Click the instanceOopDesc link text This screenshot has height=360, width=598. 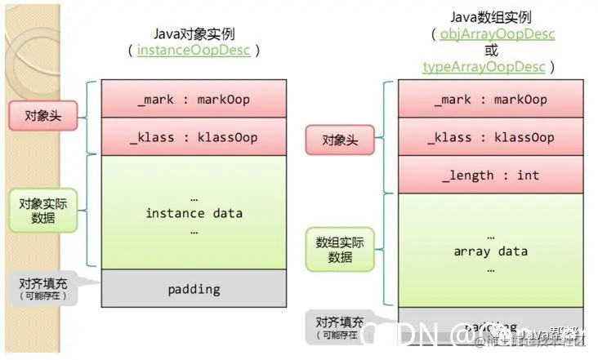pyautogui.click(x=194, y=51)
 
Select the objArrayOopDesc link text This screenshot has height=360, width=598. pyautogui.click(x=498, y=34)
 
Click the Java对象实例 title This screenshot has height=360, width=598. pyautogui.click(x=194, y=33)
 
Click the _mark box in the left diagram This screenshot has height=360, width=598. pyautogui.click(x=194, y=100)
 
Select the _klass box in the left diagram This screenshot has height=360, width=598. pyautogui.click(x=194, y=137)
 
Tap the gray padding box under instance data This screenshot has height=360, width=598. pyautogui.click(x=194, y=288)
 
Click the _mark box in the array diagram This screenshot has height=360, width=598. pyautogui.click(x=491, y=100)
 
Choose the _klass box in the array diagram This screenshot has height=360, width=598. pyautogui.click(x=491, y=137)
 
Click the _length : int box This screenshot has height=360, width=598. pyautogui.click(x=491, y=175)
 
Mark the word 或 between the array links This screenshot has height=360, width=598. pyautogui.click(x=491, y=51)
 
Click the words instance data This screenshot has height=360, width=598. pyautogui.click(x=194, y=213)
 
